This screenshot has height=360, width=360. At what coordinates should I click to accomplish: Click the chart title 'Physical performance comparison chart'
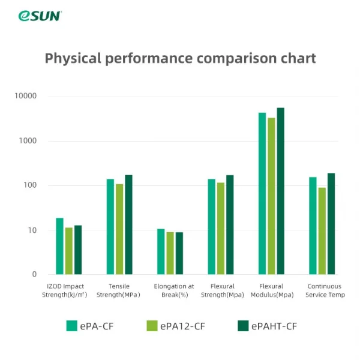pyautogui.click(x=180, y=58)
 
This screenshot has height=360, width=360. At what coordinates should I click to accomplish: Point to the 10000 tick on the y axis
pyautogui.click(x=26, y=96)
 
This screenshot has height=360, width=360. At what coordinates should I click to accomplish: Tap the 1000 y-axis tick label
pyautogui.click(x=28, y=141)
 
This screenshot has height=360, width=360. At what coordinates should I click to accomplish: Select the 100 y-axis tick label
pyautogui.click(x=29, y=185)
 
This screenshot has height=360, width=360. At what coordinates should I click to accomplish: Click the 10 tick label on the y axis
pyautogui.click(x=31, y=230)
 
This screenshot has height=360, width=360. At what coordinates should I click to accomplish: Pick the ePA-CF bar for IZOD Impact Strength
pyautogui.click(x=59, y=246)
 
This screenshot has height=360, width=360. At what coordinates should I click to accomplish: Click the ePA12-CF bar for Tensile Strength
pyautogui.click(x=119, y=229)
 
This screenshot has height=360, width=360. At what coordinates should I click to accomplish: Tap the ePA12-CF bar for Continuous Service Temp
pyautogui.click(x=322, y=231)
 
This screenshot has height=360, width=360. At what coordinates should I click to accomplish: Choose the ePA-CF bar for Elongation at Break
pyautogui.click(x=161, y=251)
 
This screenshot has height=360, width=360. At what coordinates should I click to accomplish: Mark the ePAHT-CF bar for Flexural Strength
pyautogui.click(x=230, y=224)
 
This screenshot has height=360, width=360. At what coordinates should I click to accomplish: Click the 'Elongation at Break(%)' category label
pyautogui.click(x=174, y=290)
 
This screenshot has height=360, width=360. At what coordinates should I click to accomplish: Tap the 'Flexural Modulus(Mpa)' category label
pyautogui.click(x=276, y=290)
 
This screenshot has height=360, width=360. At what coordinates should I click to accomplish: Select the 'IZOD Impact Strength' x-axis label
pyautogui.click(x=65, y=290)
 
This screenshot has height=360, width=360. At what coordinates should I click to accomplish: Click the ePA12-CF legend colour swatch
pyautogui.click(x=152, y=326)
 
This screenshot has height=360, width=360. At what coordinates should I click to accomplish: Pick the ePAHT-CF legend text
pyautogui.click(x=274, y=326)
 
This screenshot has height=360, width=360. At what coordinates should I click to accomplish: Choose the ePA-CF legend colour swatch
pyautogui.click(x=71, y=326)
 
